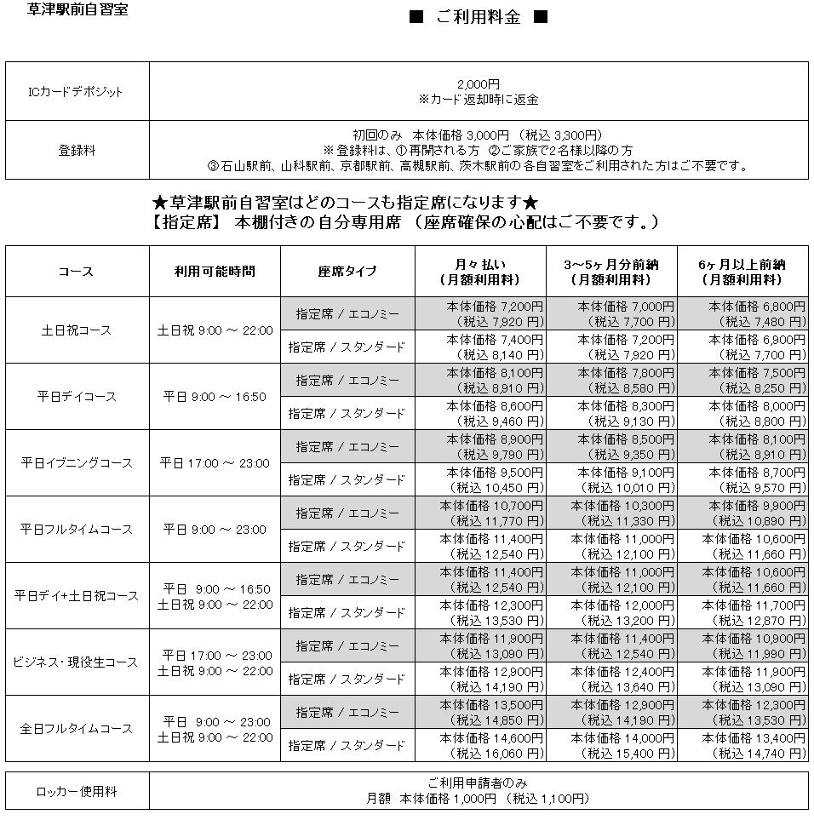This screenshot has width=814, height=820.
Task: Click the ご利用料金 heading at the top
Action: [x=478, y=18]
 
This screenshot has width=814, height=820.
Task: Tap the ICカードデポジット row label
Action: [x=77, y=91]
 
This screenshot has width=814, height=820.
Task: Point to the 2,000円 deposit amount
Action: [x=478, y=84]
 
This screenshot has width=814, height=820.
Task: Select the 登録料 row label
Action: [x=77, y=150]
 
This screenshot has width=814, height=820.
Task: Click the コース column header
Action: [x=77, y=272]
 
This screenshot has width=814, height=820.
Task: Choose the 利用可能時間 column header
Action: [x=215, y=272]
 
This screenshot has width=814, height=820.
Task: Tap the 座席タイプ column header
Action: [x=347, y=272]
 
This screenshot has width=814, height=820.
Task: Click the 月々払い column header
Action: [x=480, y=272]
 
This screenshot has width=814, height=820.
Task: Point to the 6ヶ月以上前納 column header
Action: [x=742, y=272]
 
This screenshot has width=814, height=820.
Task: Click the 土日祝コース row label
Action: [x=77, y=330]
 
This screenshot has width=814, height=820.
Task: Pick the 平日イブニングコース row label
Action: [x=77, y=463]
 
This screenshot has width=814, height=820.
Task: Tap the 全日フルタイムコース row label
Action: [x=77, y=729]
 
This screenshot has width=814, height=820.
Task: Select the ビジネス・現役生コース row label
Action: [x=77, y=662]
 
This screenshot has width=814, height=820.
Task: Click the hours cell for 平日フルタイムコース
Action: [x=215, y=530]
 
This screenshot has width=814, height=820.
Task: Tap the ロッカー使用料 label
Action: [x=77, y=792]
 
